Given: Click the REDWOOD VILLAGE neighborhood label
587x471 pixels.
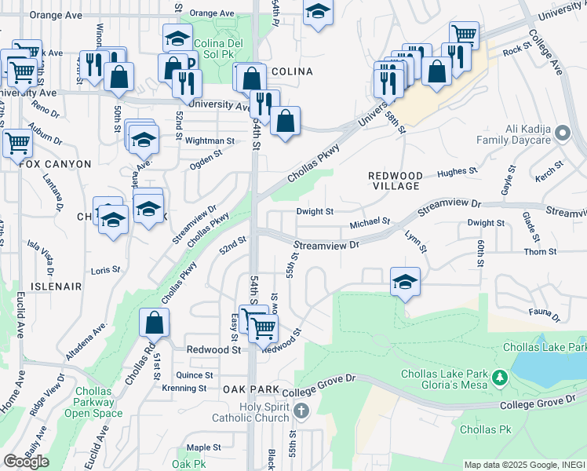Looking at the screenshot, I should click(x=396, y=181).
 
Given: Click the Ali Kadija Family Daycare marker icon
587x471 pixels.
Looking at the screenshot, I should click(x=561, y=134).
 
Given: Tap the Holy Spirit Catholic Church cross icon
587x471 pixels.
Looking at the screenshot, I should click(x=301, y=411).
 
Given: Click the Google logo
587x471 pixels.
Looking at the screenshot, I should click(x=26, y=462).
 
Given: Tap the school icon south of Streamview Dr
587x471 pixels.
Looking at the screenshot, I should click(x=405, y=282).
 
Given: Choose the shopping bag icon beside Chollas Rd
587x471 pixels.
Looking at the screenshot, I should click(x=155, y=322).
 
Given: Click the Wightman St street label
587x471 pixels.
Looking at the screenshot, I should click(x=210, y=141).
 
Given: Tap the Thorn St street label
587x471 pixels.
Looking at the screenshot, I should click(x=540, y=252).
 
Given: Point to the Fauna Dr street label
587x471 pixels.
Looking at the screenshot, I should click(x=544, y=315).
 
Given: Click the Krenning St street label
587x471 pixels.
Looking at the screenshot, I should click(x=184, y=388).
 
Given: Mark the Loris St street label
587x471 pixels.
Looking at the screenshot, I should click(x=105, y=269).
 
